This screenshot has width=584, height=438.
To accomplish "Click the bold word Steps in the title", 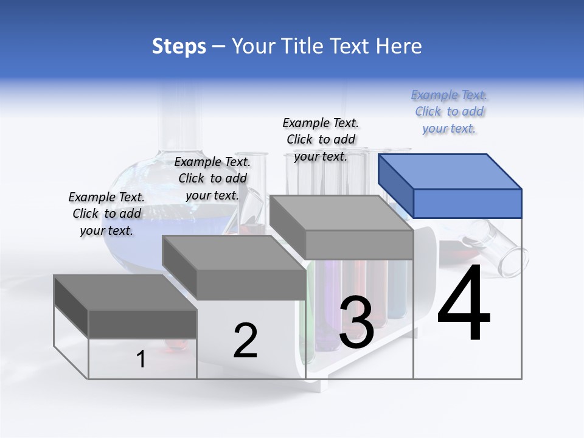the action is [179, 46].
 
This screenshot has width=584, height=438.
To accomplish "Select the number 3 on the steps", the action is [356, 323].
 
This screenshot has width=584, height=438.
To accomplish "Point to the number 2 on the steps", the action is [245, 341].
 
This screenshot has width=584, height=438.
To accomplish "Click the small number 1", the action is [141, 359].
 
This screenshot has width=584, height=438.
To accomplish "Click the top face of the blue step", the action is [450, 171].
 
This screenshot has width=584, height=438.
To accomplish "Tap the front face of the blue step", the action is [467, 203].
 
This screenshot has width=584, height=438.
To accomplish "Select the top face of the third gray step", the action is [341, 213].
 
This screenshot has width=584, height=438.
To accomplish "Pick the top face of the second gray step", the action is [233, 253].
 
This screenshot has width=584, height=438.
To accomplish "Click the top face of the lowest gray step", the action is [125, 292].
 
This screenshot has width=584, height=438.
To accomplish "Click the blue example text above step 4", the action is [450, 111].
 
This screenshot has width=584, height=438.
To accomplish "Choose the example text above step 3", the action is [321, 139].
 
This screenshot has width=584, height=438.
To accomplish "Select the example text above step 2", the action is [212, 178].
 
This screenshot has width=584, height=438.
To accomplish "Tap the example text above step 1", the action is [106, 214].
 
